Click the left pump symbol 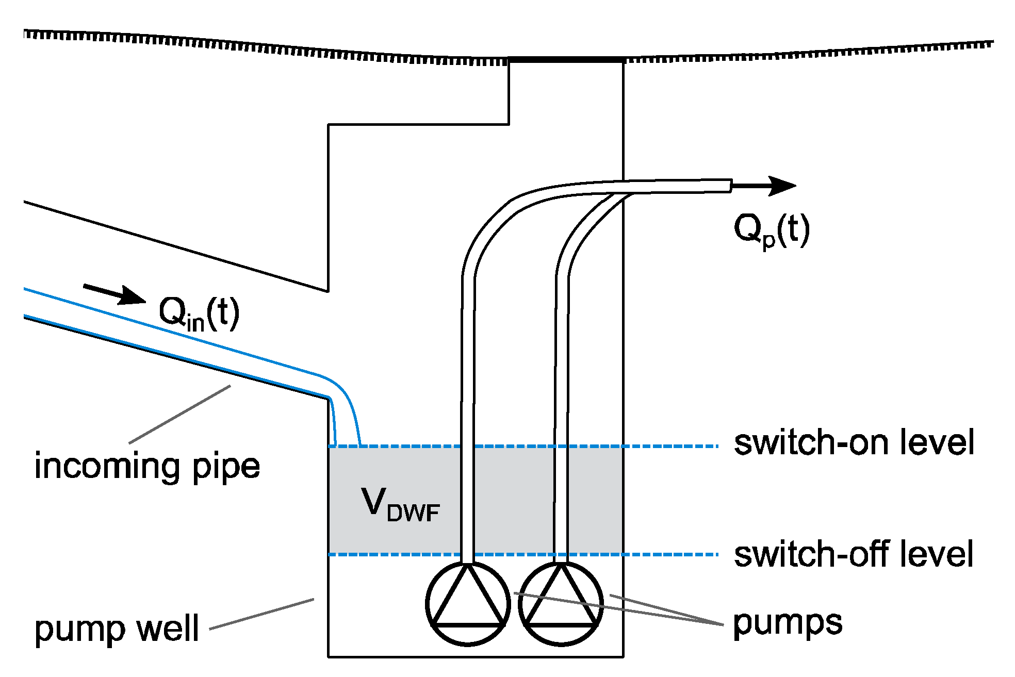468,603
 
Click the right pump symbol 561,603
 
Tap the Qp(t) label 771,230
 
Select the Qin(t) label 199,313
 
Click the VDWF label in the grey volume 400,505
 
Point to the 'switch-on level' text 854,442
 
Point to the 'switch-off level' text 854,554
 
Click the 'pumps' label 788,623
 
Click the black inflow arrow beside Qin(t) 116,294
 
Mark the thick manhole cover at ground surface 566,60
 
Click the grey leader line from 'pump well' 261,614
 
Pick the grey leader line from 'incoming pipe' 179,415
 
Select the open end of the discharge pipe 731,186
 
